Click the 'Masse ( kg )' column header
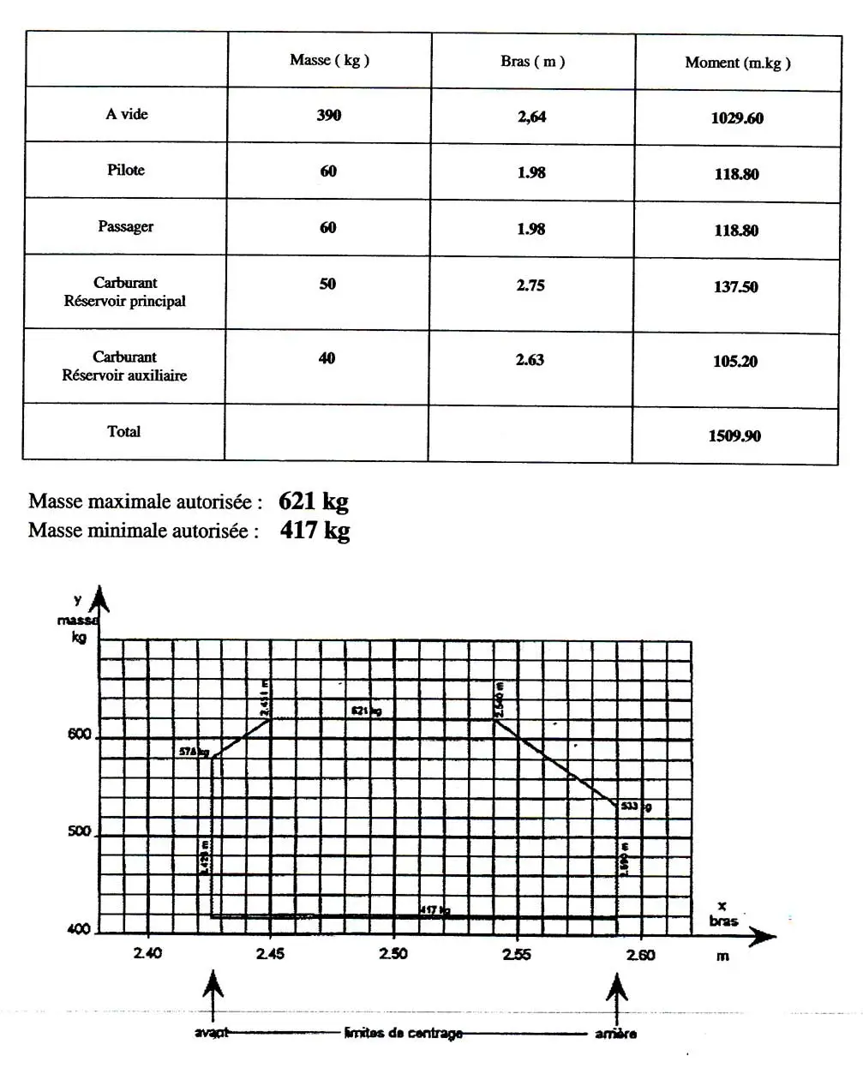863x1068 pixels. tap(329, 60)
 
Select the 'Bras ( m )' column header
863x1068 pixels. tap(532, 62)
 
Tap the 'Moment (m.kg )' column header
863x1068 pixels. tap(737, 63)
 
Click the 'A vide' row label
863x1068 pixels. tap(127, 114)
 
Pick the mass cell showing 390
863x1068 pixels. tap(328, 115)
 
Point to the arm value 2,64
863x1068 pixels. tap(531, 117)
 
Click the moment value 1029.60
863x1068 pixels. tap(736, 118)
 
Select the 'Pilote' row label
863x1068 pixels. tap(126, 170)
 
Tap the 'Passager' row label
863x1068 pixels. tap(125, 226)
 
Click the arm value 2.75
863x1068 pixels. tap(530, 285)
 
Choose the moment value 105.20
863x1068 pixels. tap(734, 362)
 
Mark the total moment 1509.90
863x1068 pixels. tap(734, 436)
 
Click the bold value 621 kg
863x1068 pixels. tap(313, 501)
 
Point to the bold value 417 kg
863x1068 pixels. tap(315, 531)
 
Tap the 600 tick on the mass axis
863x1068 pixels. tap(79, 735)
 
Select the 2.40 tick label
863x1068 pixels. tap(147, 954)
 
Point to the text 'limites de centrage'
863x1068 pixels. tap(403, 1033)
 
